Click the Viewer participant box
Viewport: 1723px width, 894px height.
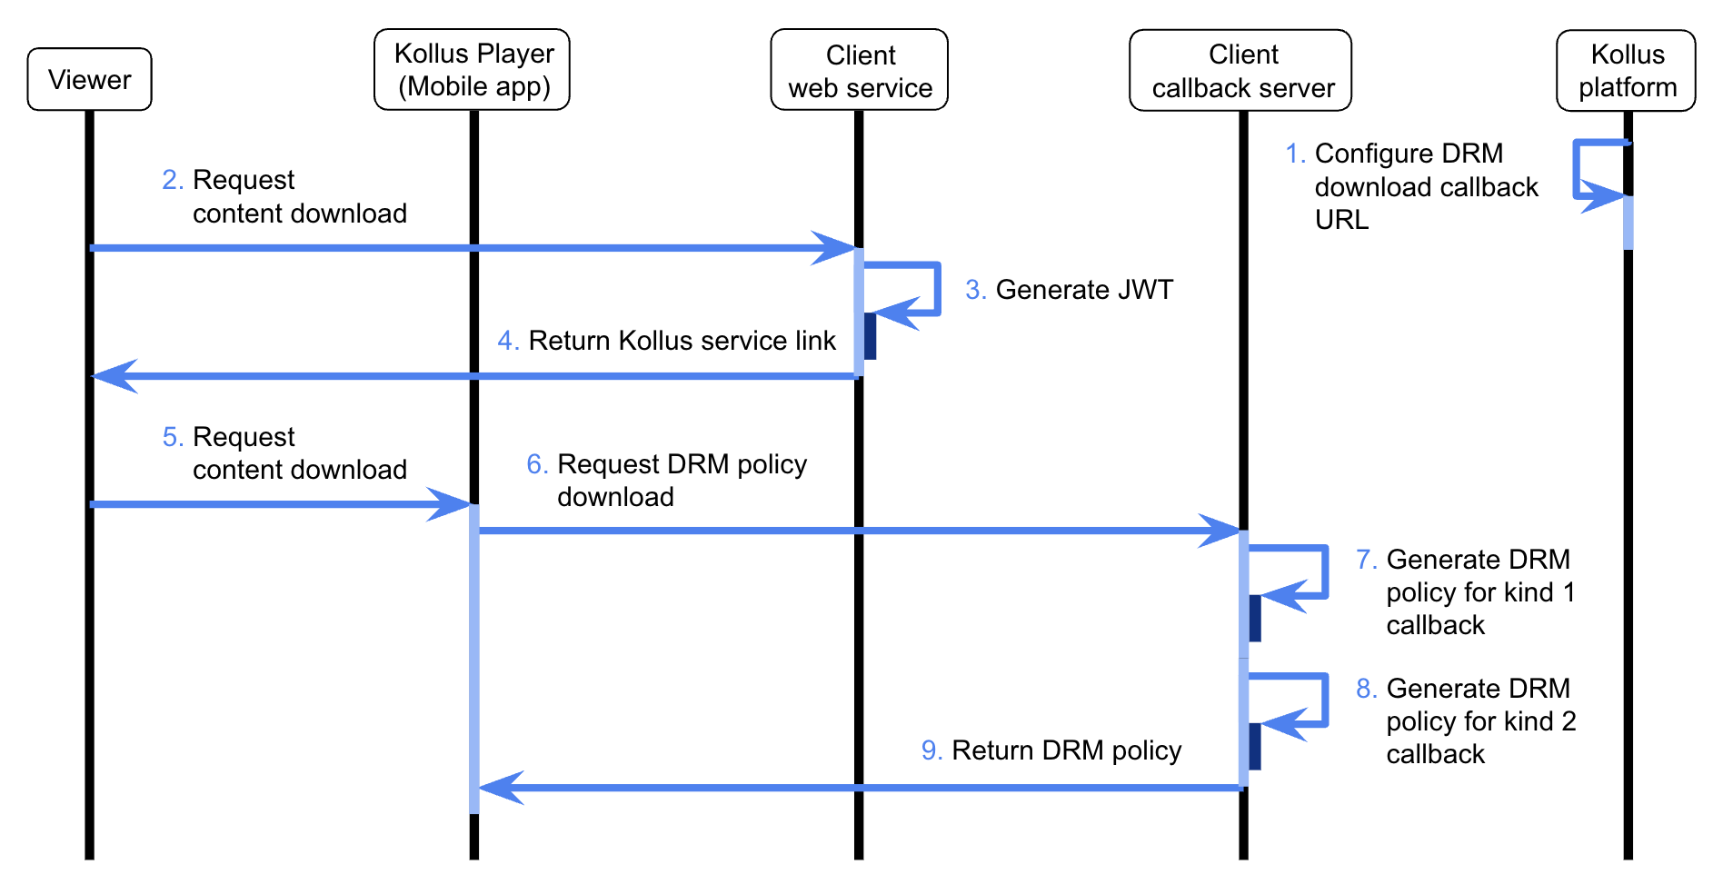pos(89,79)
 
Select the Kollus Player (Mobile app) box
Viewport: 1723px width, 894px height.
pos(473,69)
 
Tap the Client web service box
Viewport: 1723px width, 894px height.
pos(860,70)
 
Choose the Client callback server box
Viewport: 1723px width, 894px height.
pos(1240,70)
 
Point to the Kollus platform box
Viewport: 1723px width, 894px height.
pos(1626,70)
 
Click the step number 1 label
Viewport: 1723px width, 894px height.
pos(1295,154)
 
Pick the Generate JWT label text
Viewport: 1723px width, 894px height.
pos(1084,290)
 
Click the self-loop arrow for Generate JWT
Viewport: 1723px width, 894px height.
pos(938,289)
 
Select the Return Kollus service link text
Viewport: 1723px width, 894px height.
pos(682,341)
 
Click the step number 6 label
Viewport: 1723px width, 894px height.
pos(537,464)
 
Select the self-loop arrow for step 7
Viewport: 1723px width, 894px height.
pos(1326,572)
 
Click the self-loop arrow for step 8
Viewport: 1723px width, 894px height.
pos(1326,700)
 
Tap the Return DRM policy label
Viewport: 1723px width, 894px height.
pos(1066,750)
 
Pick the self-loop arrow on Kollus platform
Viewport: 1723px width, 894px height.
pos(1577,169)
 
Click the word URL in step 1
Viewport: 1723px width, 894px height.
pos(1341,220)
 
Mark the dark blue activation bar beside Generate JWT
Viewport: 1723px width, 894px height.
pos(870,336)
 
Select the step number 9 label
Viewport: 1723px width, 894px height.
pos(931,750)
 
